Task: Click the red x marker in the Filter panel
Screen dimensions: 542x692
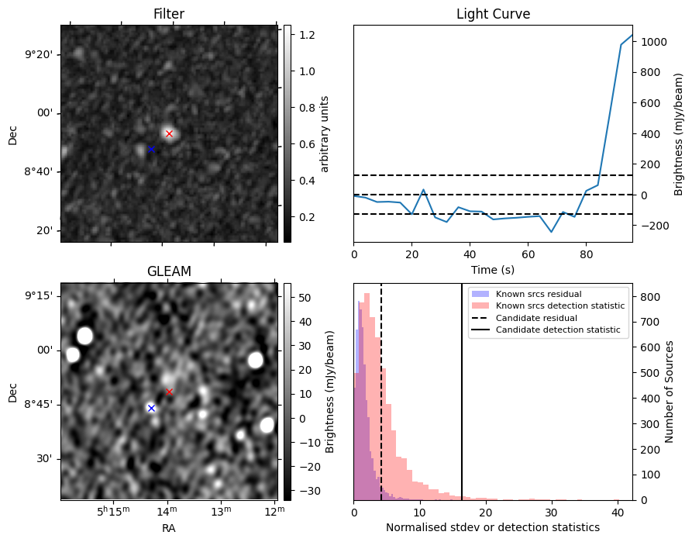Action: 169,133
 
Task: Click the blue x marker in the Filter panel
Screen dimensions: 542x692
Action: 151,149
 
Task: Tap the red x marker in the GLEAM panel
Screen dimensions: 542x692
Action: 169,392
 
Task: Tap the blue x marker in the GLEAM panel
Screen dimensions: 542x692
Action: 151,408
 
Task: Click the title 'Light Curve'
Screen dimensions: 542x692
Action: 493,14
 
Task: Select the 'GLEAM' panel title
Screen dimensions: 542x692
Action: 169,271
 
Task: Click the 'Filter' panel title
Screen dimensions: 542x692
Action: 169,14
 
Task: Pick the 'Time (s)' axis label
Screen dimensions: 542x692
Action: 493,269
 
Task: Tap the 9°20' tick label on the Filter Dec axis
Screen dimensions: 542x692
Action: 39,55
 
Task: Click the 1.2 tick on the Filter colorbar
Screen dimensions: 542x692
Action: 306,34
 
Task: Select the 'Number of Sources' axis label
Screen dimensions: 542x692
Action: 669,392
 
